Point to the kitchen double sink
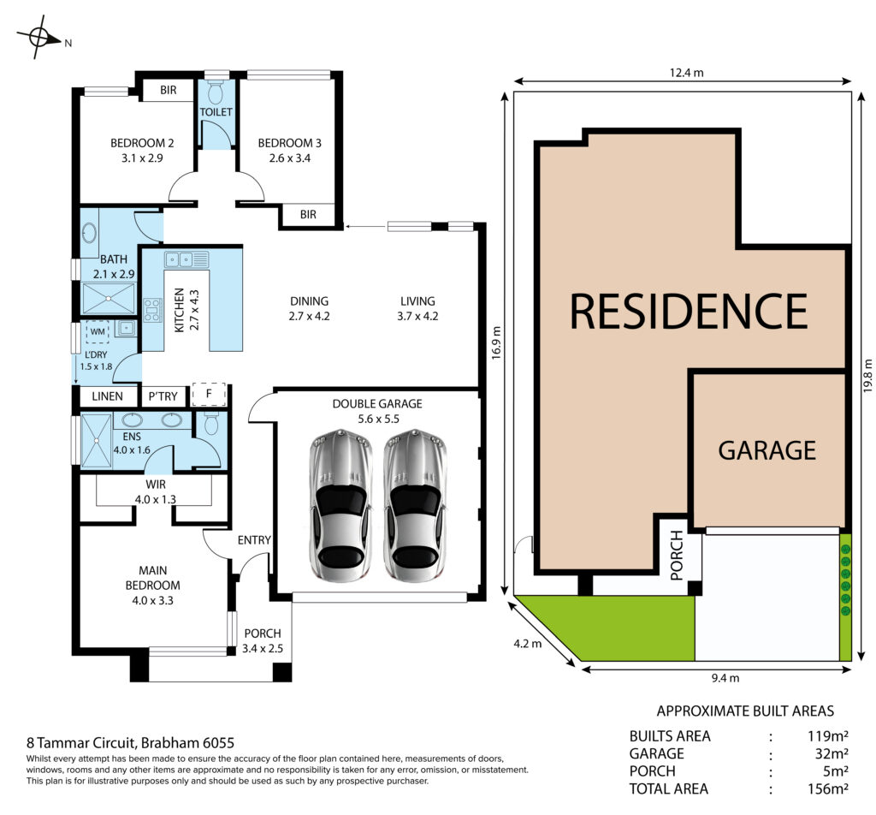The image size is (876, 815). point(186,259)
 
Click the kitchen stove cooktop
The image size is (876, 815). point(152,310)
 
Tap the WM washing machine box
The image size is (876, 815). point(98,331)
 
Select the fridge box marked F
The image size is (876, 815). point(209,394)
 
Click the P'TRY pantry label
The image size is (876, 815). point(163,396)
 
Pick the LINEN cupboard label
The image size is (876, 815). point(107,396)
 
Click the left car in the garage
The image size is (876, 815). point(340,505)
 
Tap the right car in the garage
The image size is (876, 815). point(415,505)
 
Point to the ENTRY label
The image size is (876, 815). point(254,540)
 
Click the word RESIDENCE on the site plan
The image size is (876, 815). point(689,311)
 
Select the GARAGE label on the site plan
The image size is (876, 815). point(767,450)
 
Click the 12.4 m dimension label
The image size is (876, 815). point(687,73)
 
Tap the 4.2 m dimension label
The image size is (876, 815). point(527,644)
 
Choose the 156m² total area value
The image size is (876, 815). point(828,788)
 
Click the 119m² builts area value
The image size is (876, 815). point(828,735)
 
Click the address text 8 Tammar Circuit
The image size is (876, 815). point(80,743)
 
